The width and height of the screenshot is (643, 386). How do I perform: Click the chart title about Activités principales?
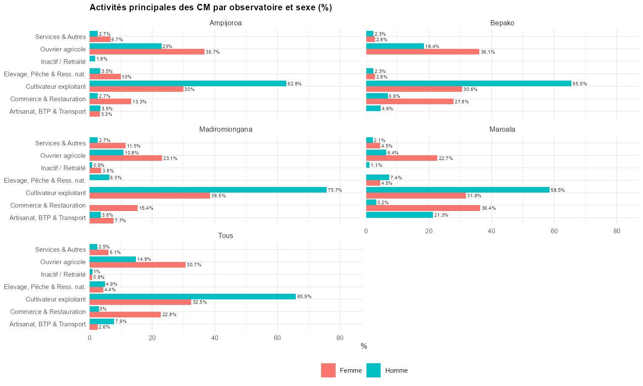[210, 8]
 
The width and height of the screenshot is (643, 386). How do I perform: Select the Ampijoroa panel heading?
[225, 23]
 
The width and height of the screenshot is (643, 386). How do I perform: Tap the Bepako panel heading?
[502, 23]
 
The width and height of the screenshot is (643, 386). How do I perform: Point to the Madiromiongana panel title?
[225, 130]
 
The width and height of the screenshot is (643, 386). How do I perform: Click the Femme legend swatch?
[328, 371]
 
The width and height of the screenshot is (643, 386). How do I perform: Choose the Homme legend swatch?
[373, 371]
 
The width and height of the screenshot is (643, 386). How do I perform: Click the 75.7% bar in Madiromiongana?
[208, 190]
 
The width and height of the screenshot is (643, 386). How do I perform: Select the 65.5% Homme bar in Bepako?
[469, 84]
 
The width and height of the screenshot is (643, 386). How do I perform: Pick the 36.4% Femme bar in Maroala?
[423, 208]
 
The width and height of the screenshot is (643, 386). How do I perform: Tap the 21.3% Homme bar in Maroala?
[400, 215]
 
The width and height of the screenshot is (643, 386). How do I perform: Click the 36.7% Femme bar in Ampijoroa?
[147, 52]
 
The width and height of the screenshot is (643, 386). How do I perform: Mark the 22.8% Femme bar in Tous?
[125, 314]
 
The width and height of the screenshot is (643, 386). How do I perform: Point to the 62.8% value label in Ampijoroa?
[294, 84]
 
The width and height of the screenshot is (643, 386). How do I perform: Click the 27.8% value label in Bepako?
[462, 102]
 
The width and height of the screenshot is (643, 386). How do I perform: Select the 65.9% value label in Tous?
[304, 297]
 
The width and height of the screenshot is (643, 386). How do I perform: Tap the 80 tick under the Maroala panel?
[616, 231]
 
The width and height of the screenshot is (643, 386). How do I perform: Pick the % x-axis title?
[364, 347]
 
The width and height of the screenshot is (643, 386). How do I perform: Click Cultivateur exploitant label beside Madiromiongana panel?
[56, 193]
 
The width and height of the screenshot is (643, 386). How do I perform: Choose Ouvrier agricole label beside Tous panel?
[63, 262]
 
